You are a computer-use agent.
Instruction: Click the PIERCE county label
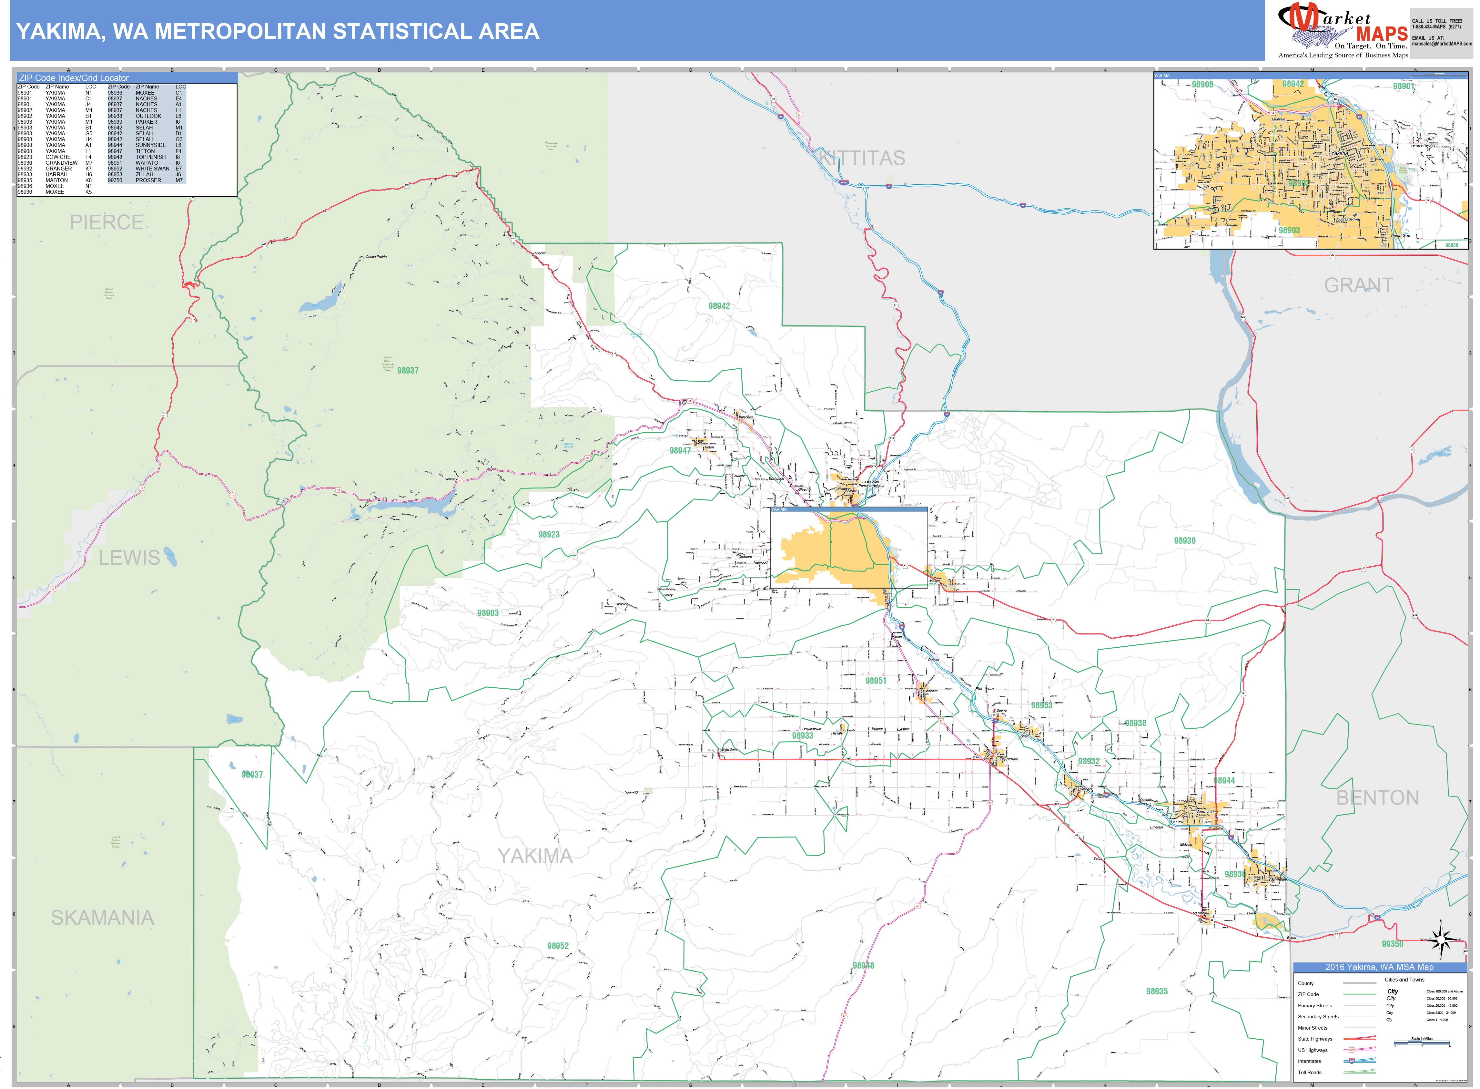(107, 222)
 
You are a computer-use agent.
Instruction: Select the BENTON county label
(1377, 798)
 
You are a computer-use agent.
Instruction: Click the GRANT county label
(1359, 285)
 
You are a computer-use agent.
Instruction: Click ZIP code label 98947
(680, 451)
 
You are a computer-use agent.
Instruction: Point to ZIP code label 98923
(549, 535)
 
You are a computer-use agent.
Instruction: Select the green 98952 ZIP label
(557, 946)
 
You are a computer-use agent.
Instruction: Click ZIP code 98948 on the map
(863, 966)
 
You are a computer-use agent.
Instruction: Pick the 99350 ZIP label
(1392, 944)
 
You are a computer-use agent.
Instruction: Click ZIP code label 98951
(876, 681)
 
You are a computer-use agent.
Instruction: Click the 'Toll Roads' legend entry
(1310, 1073)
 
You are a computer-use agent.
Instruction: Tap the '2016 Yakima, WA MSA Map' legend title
(1379, 967)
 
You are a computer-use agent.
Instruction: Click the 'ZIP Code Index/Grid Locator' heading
(74, 78)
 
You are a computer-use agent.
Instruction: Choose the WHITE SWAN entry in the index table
(152, 169)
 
